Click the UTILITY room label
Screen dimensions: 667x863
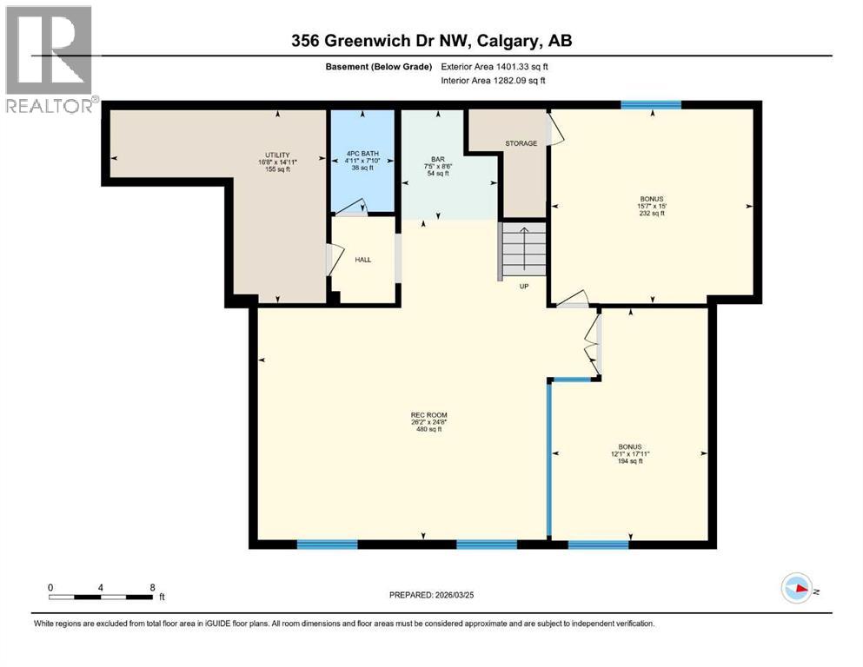click(277, 155)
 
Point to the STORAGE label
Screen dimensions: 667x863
click(521, 143)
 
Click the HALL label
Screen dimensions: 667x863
click(362, 259)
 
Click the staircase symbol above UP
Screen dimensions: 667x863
click(522, 249)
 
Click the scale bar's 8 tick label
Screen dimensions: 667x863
click(152, 587)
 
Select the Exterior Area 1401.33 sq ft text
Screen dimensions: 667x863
click(495, 66)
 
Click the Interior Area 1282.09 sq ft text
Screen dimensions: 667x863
click(494, 81)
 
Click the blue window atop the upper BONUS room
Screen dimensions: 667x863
click(650, 105)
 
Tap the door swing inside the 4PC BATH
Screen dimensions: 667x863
click(351, 207)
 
